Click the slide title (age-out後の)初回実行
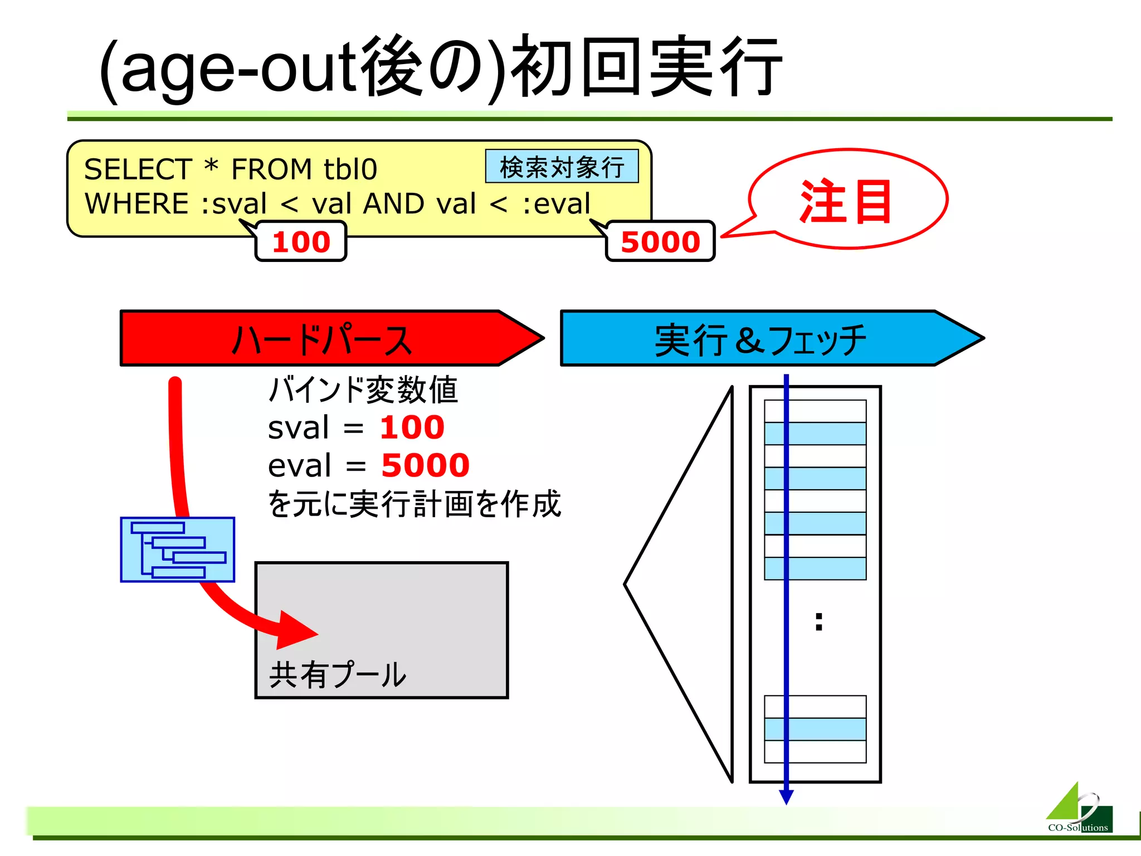(x=440, y=67)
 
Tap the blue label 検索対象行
(x=562, y=167)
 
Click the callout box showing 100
(x=301, y=241)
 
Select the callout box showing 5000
(x=660, y=241)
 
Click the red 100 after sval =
(x=412, y=427)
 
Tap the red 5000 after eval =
(x=425, y=465)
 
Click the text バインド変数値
(x=363, y=390)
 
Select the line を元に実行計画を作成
(x=414, y=504)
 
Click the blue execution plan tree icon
(x=178, y=549)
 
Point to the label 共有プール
(x=338, y=675)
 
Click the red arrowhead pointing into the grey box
(x=295, y=631)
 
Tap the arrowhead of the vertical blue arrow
(x=786, y=797)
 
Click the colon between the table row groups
(x=818, y=621)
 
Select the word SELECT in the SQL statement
(x=138, y=169)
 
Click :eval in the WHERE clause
(x=556, y=203)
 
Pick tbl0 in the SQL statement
(x=350, y=169)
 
